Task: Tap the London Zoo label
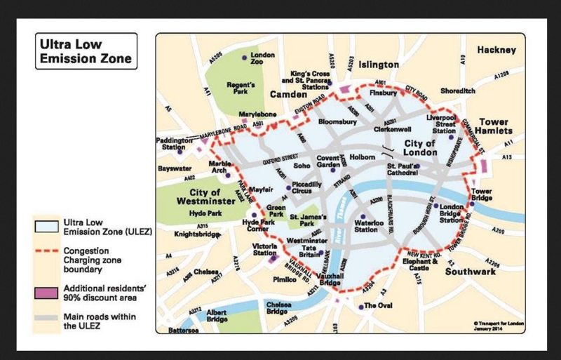(262, 59)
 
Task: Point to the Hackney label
(496, 51)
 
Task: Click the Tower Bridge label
(481, 194)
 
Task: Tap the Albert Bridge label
(217, 315)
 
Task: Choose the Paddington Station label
(174, 144)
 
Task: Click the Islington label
(379, 65)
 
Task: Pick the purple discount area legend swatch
(48, 292)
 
